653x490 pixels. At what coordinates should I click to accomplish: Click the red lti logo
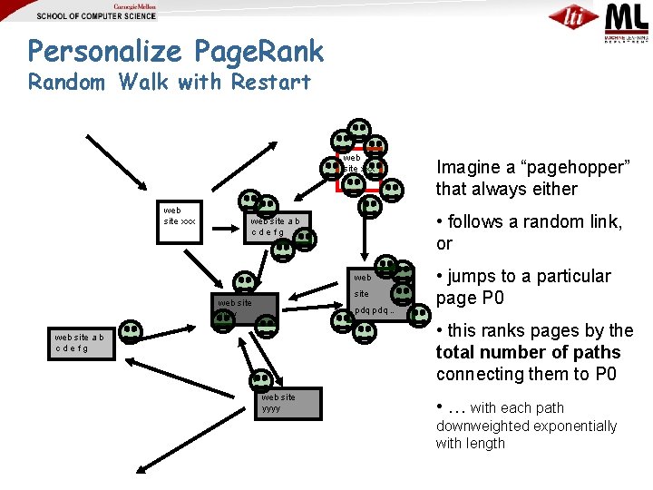pos(573,17)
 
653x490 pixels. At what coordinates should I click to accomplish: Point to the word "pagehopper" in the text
pos(570,167)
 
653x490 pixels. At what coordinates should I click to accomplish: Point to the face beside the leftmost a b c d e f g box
pos(132,331)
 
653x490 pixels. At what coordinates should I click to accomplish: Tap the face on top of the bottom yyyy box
pos(261,380)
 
